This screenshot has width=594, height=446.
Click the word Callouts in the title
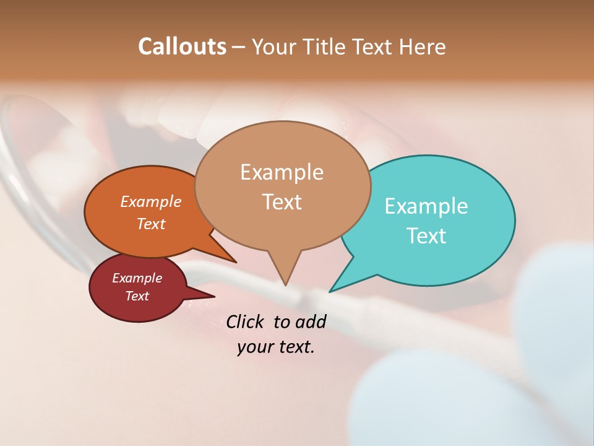(x=182, y=46)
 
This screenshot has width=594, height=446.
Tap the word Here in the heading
(x=422, y=46)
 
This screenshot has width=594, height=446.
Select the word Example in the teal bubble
(x=426, y=206)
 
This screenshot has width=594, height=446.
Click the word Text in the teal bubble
(x=426, y=235)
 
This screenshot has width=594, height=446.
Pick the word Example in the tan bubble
(x=282, y=172)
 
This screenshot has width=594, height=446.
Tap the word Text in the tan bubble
(x=282, y=202)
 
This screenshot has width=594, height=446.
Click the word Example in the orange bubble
(x=150, y=201)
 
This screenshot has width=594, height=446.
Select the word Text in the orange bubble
(x=150, y=224)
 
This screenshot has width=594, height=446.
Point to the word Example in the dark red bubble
(x=137, y=278)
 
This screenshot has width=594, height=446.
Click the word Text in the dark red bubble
(x=137, y=296)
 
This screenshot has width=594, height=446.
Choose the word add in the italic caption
(x=311, y=321)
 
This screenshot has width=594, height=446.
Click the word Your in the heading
(x=273, y=46)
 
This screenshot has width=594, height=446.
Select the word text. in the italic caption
(x=296, y=347)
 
